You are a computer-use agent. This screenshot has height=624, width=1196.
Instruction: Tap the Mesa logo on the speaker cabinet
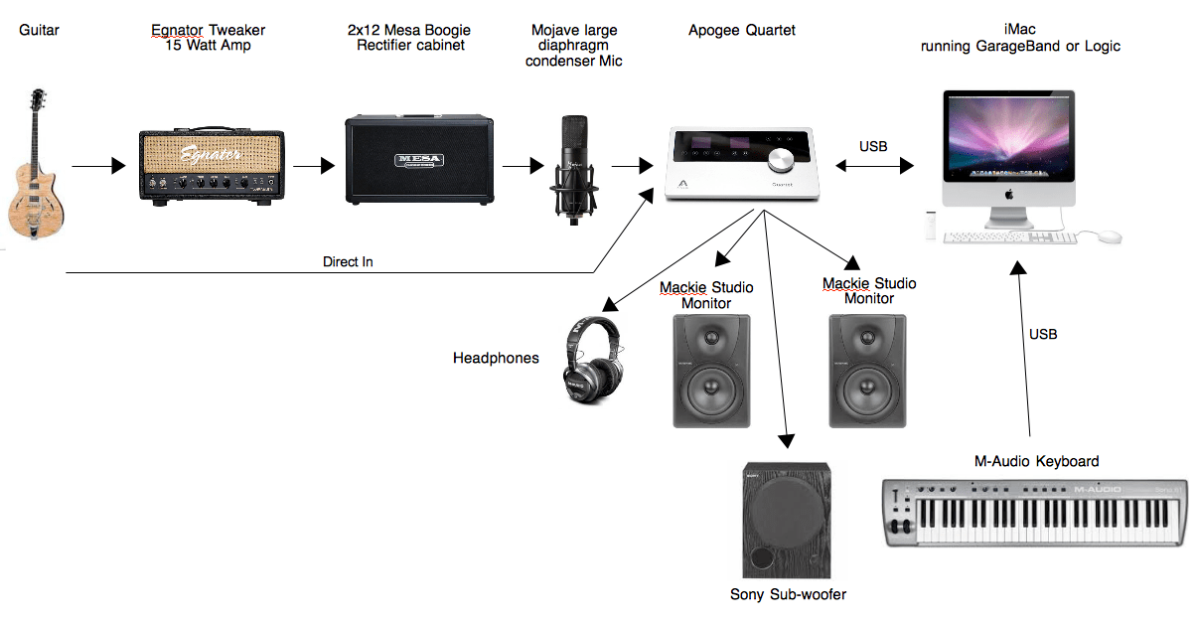[418, 160]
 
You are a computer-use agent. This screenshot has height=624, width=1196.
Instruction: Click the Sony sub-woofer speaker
[788, 522]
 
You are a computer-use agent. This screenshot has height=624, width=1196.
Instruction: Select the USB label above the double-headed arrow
[873, 146]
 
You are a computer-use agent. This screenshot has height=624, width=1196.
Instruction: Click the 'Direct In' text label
[348, 262]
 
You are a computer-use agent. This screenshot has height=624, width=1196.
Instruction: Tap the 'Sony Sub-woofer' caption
[788, 594]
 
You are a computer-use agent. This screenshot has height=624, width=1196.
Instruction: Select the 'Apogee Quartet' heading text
[742, 31]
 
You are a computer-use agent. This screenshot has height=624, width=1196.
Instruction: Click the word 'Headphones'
[496, 358]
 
